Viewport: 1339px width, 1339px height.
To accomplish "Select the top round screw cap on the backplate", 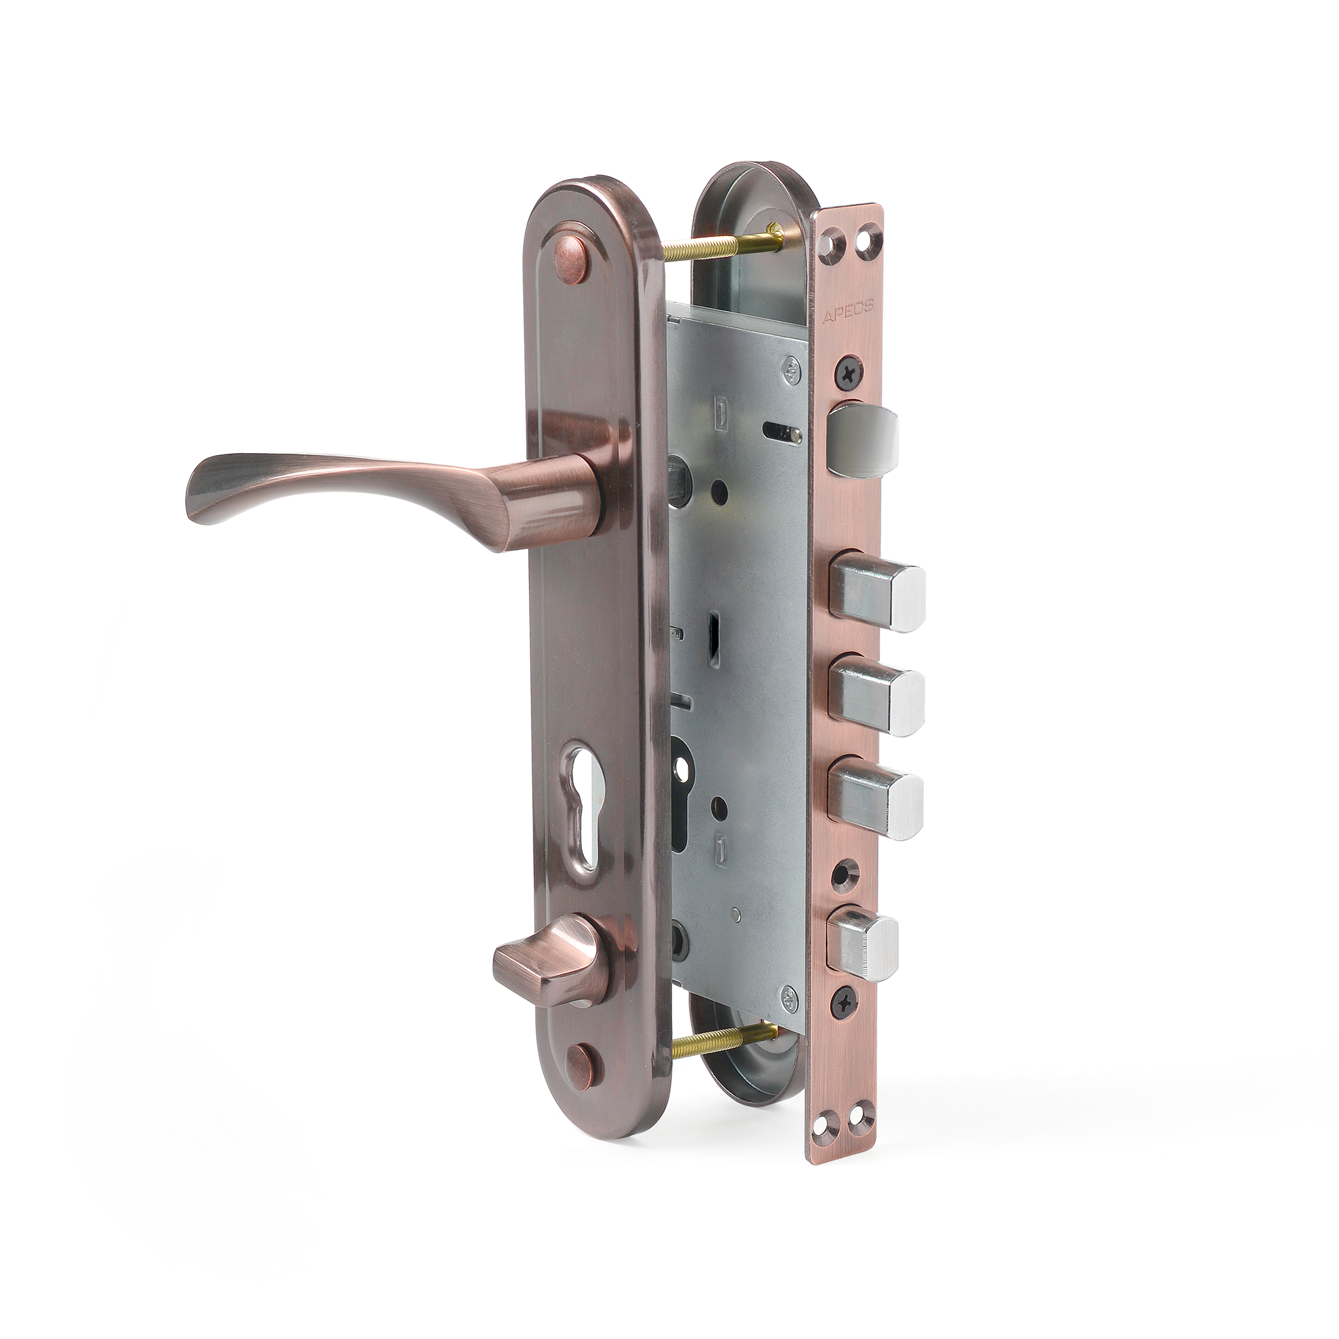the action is (570, 252).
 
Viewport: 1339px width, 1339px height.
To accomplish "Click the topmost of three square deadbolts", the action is (877, 590).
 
